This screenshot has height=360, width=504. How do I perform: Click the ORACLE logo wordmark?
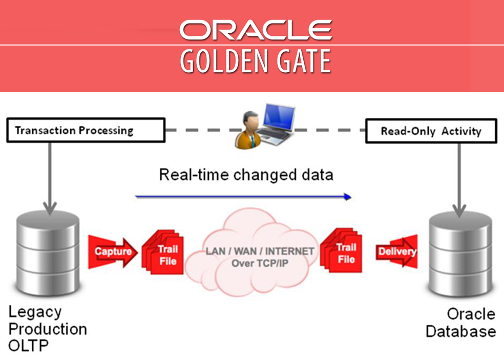(255, 30)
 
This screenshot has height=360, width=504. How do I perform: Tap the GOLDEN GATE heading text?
(255, 62)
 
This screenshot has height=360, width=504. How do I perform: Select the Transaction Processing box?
(85, 131)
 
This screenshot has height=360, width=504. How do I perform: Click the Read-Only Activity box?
(431, 131)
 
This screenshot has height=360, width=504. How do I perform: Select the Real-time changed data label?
(246, 175)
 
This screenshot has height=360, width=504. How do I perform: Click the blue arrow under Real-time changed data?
(243, 196)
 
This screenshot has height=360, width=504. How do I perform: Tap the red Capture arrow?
(113, 251)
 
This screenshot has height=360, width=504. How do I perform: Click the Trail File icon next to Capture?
(163, 255)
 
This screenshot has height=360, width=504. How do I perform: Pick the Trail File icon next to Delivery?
(342, 253)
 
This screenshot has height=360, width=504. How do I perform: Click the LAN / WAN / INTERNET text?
(259, 251)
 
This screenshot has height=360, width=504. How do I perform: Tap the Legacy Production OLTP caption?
(47, 328)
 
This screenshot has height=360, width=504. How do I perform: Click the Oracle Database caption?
(460, 323)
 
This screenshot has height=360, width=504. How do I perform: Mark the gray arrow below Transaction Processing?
(50, 177)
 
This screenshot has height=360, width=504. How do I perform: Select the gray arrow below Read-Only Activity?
(459, 177)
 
